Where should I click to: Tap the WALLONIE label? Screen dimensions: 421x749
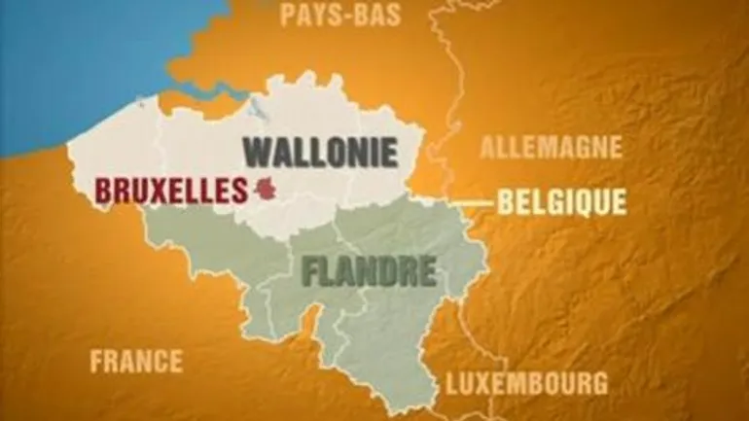(x=320, y=152)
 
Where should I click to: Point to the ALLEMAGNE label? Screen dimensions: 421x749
(x=551, y=148)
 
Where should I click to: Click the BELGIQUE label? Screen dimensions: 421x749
(x=562, y=202)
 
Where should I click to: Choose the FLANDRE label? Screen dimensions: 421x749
(x=369, y=271)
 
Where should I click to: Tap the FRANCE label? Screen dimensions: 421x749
(x=136, y=362)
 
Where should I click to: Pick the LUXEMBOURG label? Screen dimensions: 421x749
(x=526, y=382)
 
